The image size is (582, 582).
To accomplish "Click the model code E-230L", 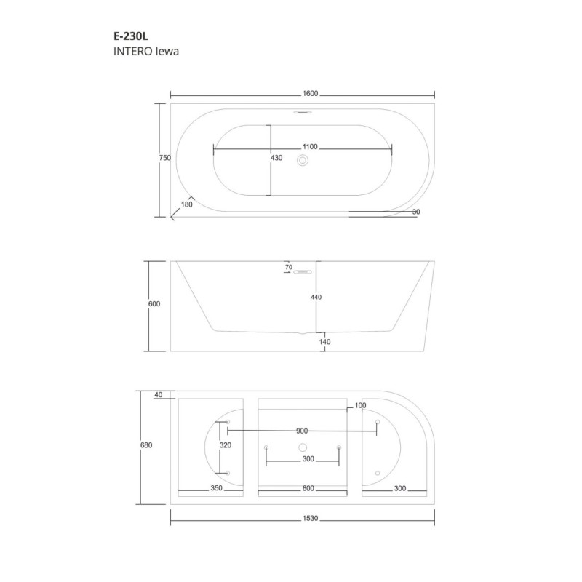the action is pyautogui.click(x=131, y=36).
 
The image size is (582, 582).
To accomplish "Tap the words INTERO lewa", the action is pyautogui.click(x=146, y=51).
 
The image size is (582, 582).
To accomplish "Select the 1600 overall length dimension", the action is pyautogui.click(x=311, y=93).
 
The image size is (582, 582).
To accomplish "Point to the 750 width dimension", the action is pyautogui.click(x=165, y=158).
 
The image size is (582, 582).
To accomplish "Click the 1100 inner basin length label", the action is pyautogui.click(x=310, y=147).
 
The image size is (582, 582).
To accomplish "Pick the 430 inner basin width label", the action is pyautogui.click(x=276, y=158).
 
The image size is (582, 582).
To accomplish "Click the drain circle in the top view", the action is pyautogui.click(x=303, y=160).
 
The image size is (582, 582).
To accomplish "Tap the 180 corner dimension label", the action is pyautogui.click(x=187, y=204).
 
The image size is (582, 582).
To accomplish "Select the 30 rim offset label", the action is pyautogui.click(x=416, y=212).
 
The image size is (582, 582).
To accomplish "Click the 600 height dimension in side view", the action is pyautogui.click(x=154, y=303).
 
